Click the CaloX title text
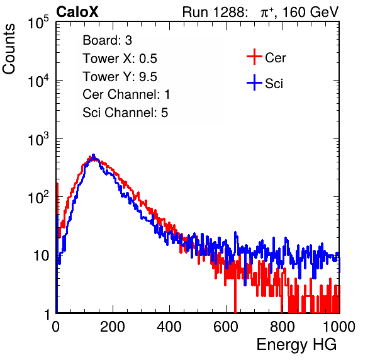(77, 12)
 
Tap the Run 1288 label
(214, 12)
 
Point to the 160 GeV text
(310, 12)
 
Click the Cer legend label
(275, 58)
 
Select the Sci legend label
(274, 84)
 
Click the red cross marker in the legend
(254, 57)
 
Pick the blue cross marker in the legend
(254, 82)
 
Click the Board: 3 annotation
(107, 40)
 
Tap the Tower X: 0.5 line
(120, 59)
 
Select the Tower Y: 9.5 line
(120, 77)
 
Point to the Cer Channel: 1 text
(126, 94)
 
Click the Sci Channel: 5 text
(125, 113)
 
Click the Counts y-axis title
(9, 49)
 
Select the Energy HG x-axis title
(296, 345)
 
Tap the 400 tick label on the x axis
(169, 327)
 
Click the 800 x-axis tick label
(283, 327)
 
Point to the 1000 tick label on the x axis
(339, 327)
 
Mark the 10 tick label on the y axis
(41, 256)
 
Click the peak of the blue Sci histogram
(94, 155)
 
